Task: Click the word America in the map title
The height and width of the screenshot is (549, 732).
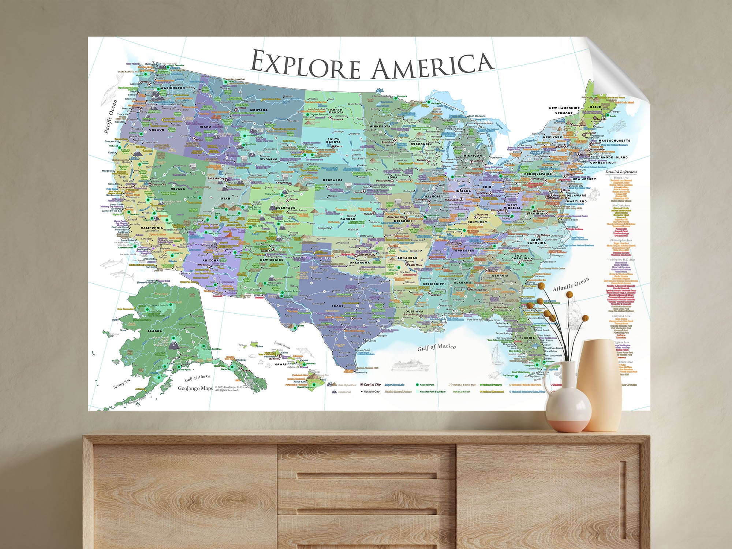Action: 432,66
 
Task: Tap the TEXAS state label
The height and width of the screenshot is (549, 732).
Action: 337,306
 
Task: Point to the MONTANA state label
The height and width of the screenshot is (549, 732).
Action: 259,110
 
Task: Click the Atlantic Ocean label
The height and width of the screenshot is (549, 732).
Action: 571,284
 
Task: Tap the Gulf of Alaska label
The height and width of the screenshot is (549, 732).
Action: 197,377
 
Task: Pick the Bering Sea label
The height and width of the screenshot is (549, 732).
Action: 122,384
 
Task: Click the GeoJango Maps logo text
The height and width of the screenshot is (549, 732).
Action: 195,388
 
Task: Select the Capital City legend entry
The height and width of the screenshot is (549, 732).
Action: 372,384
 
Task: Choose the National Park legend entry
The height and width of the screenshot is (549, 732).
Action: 426,385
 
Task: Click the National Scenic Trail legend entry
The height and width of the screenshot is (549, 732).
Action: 464,385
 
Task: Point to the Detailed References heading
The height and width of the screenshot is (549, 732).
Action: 621,172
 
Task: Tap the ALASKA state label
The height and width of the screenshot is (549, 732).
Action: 154,330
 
